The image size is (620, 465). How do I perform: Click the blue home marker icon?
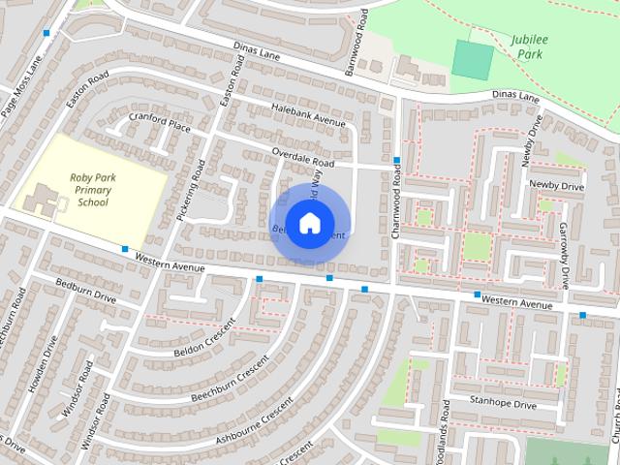coord(309,224)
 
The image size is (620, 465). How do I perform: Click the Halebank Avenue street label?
coord(308,115)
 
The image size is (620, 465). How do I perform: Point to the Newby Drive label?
coord(556,185)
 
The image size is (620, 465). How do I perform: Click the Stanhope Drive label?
coord(503,403)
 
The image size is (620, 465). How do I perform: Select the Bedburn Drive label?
coord(85,290)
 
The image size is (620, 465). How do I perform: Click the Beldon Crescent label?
coord(205,335)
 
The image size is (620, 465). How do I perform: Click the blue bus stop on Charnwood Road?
coord(397,160)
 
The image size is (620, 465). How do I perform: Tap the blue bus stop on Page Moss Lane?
coord(46,33)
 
